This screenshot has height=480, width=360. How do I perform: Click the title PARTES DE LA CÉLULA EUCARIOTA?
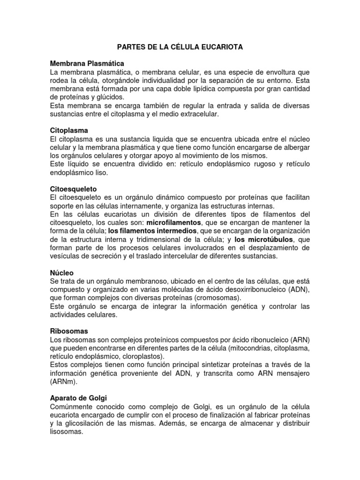point(180,47)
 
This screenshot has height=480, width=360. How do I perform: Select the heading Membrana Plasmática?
point(87,63)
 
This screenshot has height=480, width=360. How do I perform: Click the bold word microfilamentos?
point(174,222)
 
